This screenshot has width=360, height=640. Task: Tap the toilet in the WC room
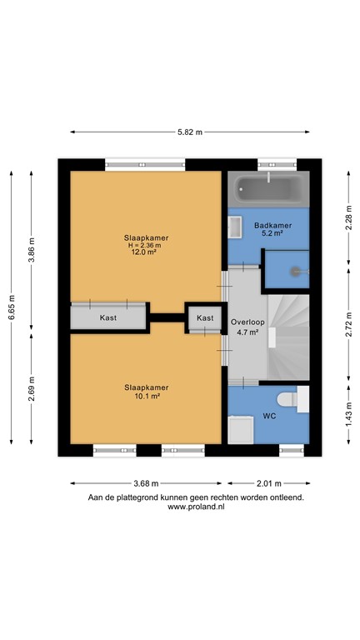click(x=287, y=401)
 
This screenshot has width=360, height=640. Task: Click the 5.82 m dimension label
click(x=189, y=132)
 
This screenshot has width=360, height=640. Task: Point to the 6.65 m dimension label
click(x=12, y=306)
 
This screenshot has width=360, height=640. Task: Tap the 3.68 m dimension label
click(x=146, y=483)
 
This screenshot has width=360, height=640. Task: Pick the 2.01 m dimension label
click(x=268, y=483)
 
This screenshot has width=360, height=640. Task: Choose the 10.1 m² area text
click(x=147, y=396)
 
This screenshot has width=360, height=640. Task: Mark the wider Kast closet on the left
click(x=108, y=317)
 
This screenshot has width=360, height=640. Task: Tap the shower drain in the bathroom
click(x=295, y=271)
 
